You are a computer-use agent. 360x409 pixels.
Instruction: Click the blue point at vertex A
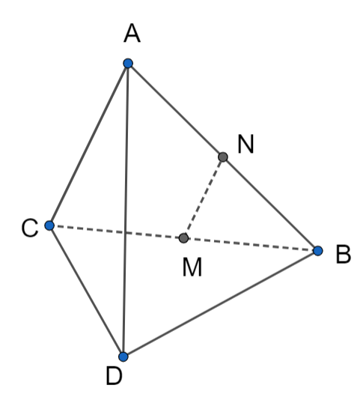point(128,64)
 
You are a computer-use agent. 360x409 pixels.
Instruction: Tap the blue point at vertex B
point(318,251)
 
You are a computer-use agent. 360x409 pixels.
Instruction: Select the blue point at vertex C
point(49,225)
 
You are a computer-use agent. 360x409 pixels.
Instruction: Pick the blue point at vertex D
point(123,357)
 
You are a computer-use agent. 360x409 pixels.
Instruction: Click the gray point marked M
point(184,238)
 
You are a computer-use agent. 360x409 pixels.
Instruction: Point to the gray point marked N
point(223,157)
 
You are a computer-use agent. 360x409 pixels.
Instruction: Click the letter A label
point(132,33)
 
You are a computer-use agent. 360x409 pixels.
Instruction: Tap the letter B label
point(344,254)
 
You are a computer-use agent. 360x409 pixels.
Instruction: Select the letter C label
point(30,228)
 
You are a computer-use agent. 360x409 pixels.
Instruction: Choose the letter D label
point(114,375)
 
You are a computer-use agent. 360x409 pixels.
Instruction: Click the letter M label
point(192,267)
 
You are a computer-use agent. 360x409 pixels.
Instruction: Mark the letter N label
point(245,145)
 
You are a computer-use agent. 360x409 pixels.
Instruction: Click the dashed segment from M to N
point(204,198)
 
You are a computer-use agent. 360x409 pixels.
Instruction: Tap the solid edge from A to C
point(88,145)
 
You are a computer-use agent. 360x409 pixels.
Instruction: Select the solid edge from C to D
point(86,291)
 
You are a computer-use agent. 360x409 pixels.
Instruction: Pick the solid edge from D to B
point(221,303)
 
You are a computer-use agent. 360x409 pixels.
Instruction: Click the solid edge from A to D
point(126,210)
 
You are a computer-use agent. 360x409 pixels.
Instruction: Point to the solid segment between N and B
point(270,204)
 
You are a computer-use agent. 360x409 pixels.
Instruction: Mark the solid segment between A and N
point(175,110)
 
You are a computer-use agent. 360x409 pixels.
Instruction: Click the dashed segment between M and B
point(251,244)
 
